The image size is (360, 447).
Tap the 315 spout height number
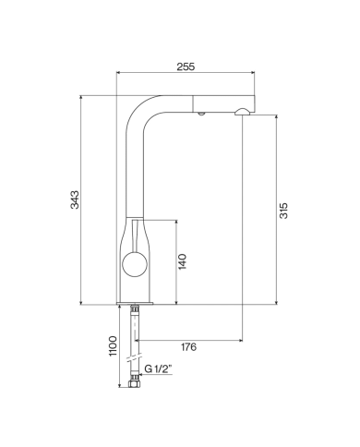284,211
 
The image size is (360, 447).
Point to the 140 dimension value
183,262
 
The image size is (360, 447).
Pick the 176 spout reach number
187,347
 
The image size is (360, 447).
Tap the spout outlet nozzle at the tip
242,112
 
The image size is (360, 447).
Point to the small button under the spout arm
200,115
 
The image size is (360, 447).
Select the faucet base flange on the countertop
135,303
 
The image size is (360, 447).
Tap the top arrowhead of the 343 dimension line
83,96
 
